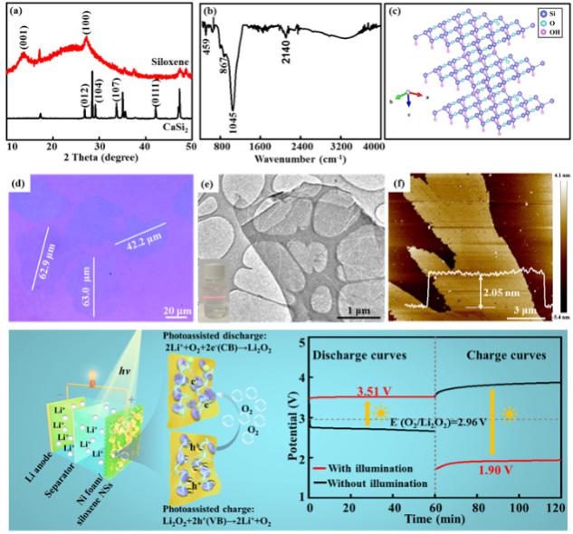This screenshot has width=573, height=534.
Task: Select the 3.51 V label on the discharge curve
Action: [340, 391]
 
